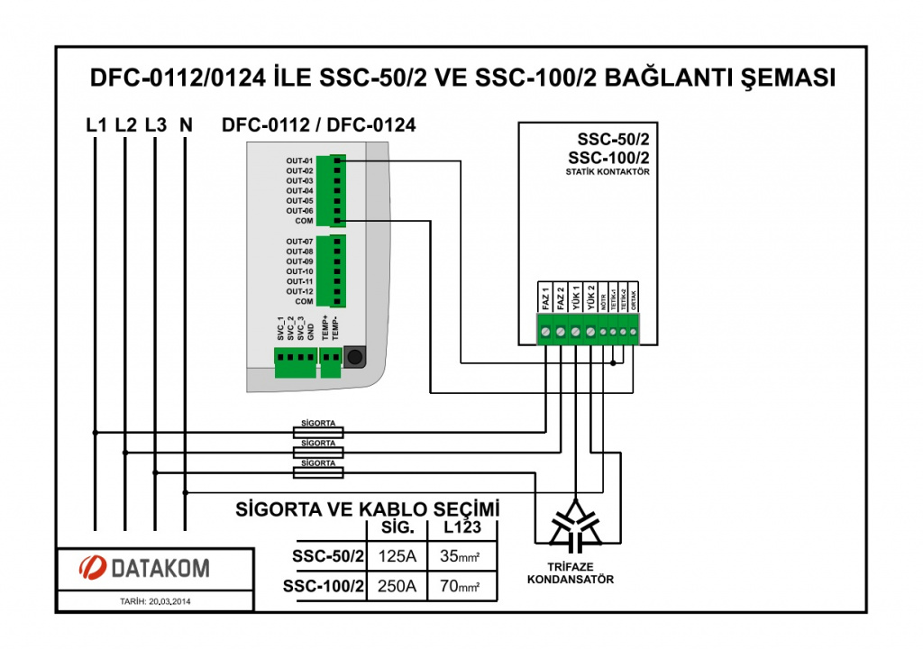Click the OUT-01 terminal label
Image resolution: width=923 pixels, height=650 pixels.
pyautogui.click(x=299, y=160)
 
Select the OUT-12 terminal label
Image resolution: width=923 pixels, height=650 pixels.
pyautogui.click(x=299, y=291)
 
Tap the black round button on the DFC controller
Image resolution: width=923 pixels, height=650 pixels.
pyautogui.click(x=355, y=357)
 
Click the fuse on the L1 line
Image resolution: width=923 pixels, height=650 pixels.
pyautogui.click(x=319, y=433)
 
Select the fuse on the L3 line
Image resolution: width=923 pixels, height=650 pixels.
pyautogui.click(x=319, y=472)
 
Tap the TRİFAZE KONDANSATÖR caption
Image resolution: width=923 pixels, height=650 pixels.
pyautogui.click(x=570, y=573)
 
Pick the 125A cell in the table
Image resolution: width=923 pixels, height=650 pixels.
pyautogui.click(x=398, y=556)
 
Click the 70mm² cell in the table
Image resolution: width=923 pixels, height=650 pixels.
pyautogui.click(x=461, y=587)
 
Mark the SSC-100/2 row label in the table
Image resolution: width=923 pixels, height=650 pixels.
pyautogui.click(x=323, y=587)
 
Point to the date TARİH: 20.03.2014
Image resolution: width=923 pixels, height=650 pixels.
pyautogui.click(x=155, y=600)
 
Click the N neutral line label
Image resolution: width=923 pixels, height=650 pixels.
pyautogui.click(x=186, y=125)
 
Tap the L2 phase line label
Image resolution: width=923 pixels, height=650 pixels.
pyautogui.click(x=125, y=125)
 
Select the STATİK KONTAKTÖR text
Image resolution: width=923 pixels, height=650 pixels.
pyautogui.click(x=608, y=170)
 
